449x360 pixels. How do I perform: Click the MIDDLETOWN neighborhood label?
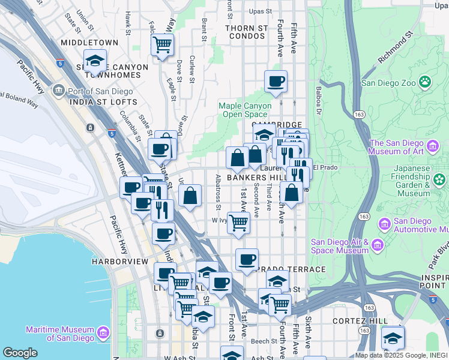click(x=90, y=43)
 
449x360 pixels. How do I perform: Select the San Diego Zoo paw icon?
click(x=425, y=80)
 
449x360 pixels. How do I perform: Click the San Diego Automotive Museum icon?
click(x=385, y=224)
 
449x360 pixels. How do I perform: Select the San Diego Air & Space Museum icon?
click(x=376, y=244)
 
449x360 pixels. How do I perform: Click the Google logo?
click(x=20, y=353)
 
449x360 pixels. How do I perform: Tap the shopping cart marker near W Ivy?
click(x=239, y=223)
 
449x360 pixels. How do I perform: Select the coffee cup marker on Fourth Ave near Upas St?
click(x=276, y=81)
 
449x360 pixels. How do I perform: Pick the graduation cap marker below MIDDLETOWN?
click(x=94, y=61)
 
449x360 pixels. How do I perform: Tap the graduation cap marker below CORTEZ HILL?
click(x=393, y=338)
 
